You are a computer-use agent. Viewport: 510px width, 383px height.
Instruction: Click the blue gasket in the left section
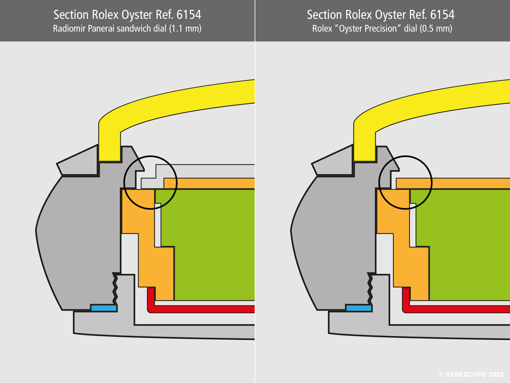click(104, 308)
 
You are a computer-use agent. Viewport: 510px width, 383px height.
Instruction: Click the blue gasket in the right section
click(359, 308)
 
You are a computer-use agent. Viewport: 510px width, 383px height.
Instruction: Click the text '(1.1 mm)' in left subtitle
click(185, 29)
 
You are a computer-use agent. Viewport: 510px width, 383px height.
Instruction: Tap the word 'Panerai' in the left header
click(101, 29)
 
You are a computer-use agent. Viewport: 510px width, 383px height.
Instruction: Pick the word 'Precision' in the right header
click(381, 29)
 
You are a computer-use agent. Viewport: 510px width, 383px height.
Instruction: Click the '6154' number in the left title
click(189, 15)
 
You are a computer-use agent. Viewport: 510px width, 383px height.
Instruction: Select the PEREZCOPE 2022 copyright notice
click(471, 374)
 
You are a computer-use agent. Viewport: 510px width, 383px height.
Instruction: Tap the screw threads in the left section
click(115, 289)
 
